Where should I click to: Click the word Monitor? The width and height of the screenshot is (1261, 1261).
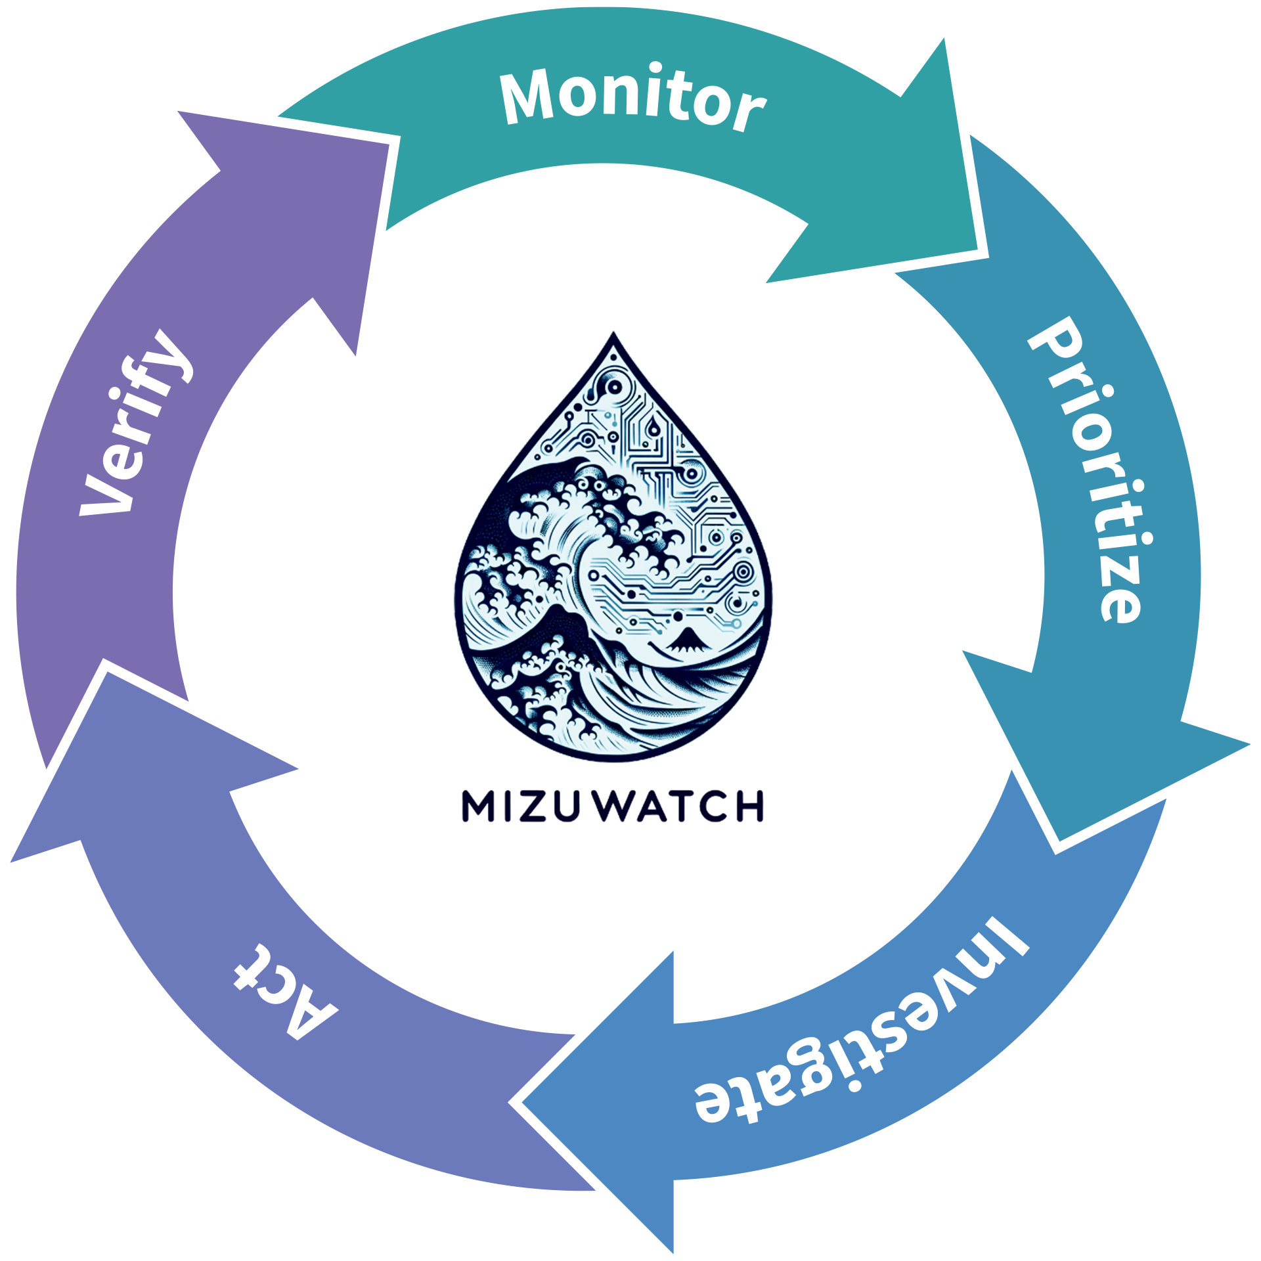[x=632, y=99]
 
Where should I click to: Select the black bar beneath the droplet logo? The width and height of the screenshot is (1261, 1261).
[x=722, y=814]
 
